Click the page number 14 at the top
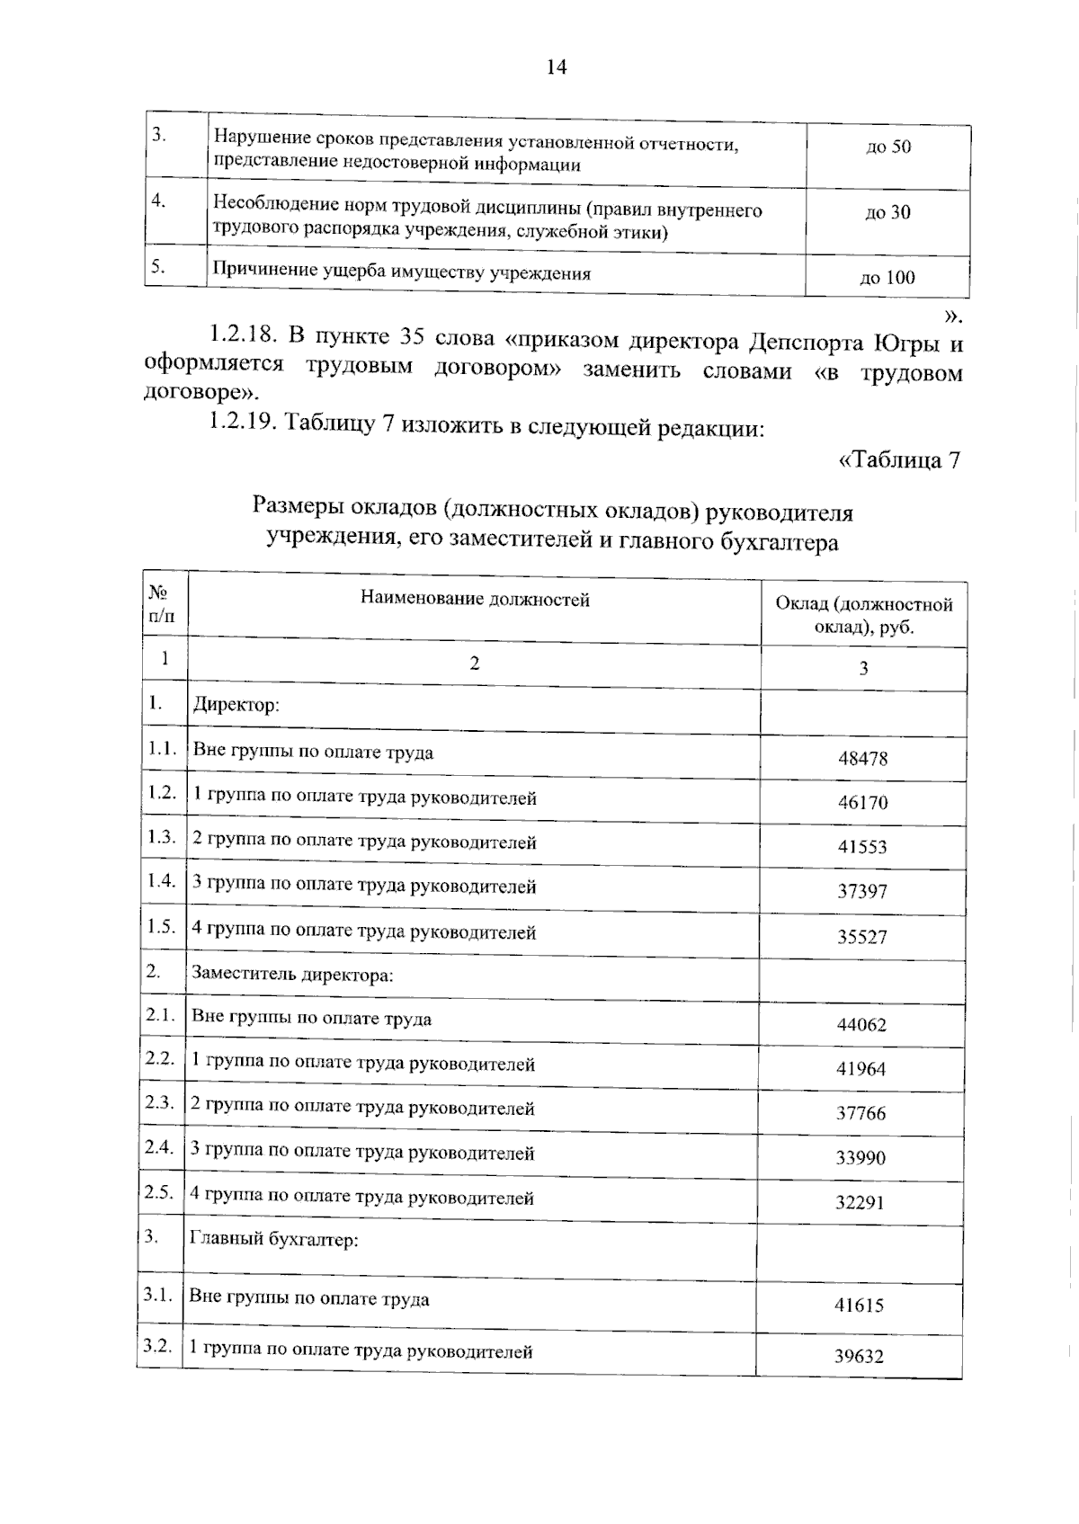pyautogui.click(x=556, y=67)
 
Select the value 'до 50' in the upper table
pyautogui.click(x=887, y=147)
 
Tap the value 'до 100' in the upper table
pyautogui.click(x=887, y=278)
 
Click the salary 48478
pyautogui.click(x=862, y=758)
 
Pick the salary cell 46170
pyautogui.click(x=862, y=802)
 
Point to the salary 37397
pyautogui.click(x=862, y=891)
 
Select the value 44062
pyautogui.click(x=861, y=1024)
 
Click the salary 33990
pyautogui.click(x=861, y=1157)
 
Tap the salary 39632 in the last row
pyautogui.click(x=859, y=1356)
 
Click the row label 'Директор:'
pyautogui.click(x=236, y=704)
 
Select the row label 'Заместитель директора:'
pyautogui.click(x=292, y=974)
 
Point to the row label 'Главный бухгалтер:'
pyautogui.click(x=273, y=1240)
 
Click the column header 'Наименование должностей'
pyautogui.click(x=475, y=599)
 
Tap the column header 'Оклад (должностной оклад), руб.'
pyautogui.click(x=864, y=615)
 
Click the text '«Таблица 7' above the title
pyautogui.click(x=898, y=460)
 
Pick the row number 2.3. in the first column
pyautogui.click(x=159, y=1102)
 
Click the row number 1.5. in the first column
pyautogui.click(x=161, y=927)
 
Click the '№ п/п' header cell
pyautogui.click(x=160, y=604)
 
